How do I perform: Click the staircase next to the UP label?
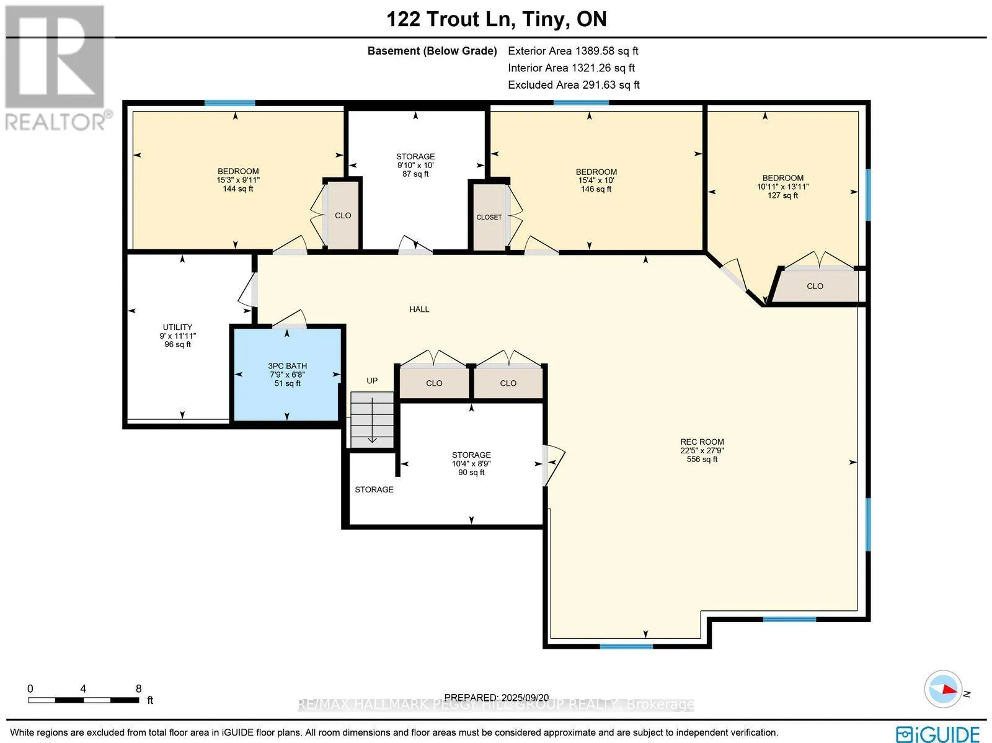(x=372, y=419)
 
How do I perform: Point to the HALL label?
(x=419, y=309)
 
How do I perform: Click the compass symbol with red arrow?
(x=943, y=689)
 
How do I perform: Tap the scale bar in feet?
(x=83, y=700)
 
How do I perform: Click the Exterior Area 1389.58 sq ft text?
(x=572, y=51)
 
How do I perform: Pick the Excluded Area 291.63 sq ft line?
(x=573, y=84)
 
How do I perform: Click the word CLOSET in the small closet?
(x=489, y=217)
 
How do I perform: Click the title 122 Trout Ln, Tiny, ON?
(x=496, y=19)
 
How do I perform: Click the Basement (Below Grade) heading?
(x=432, y=51)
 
